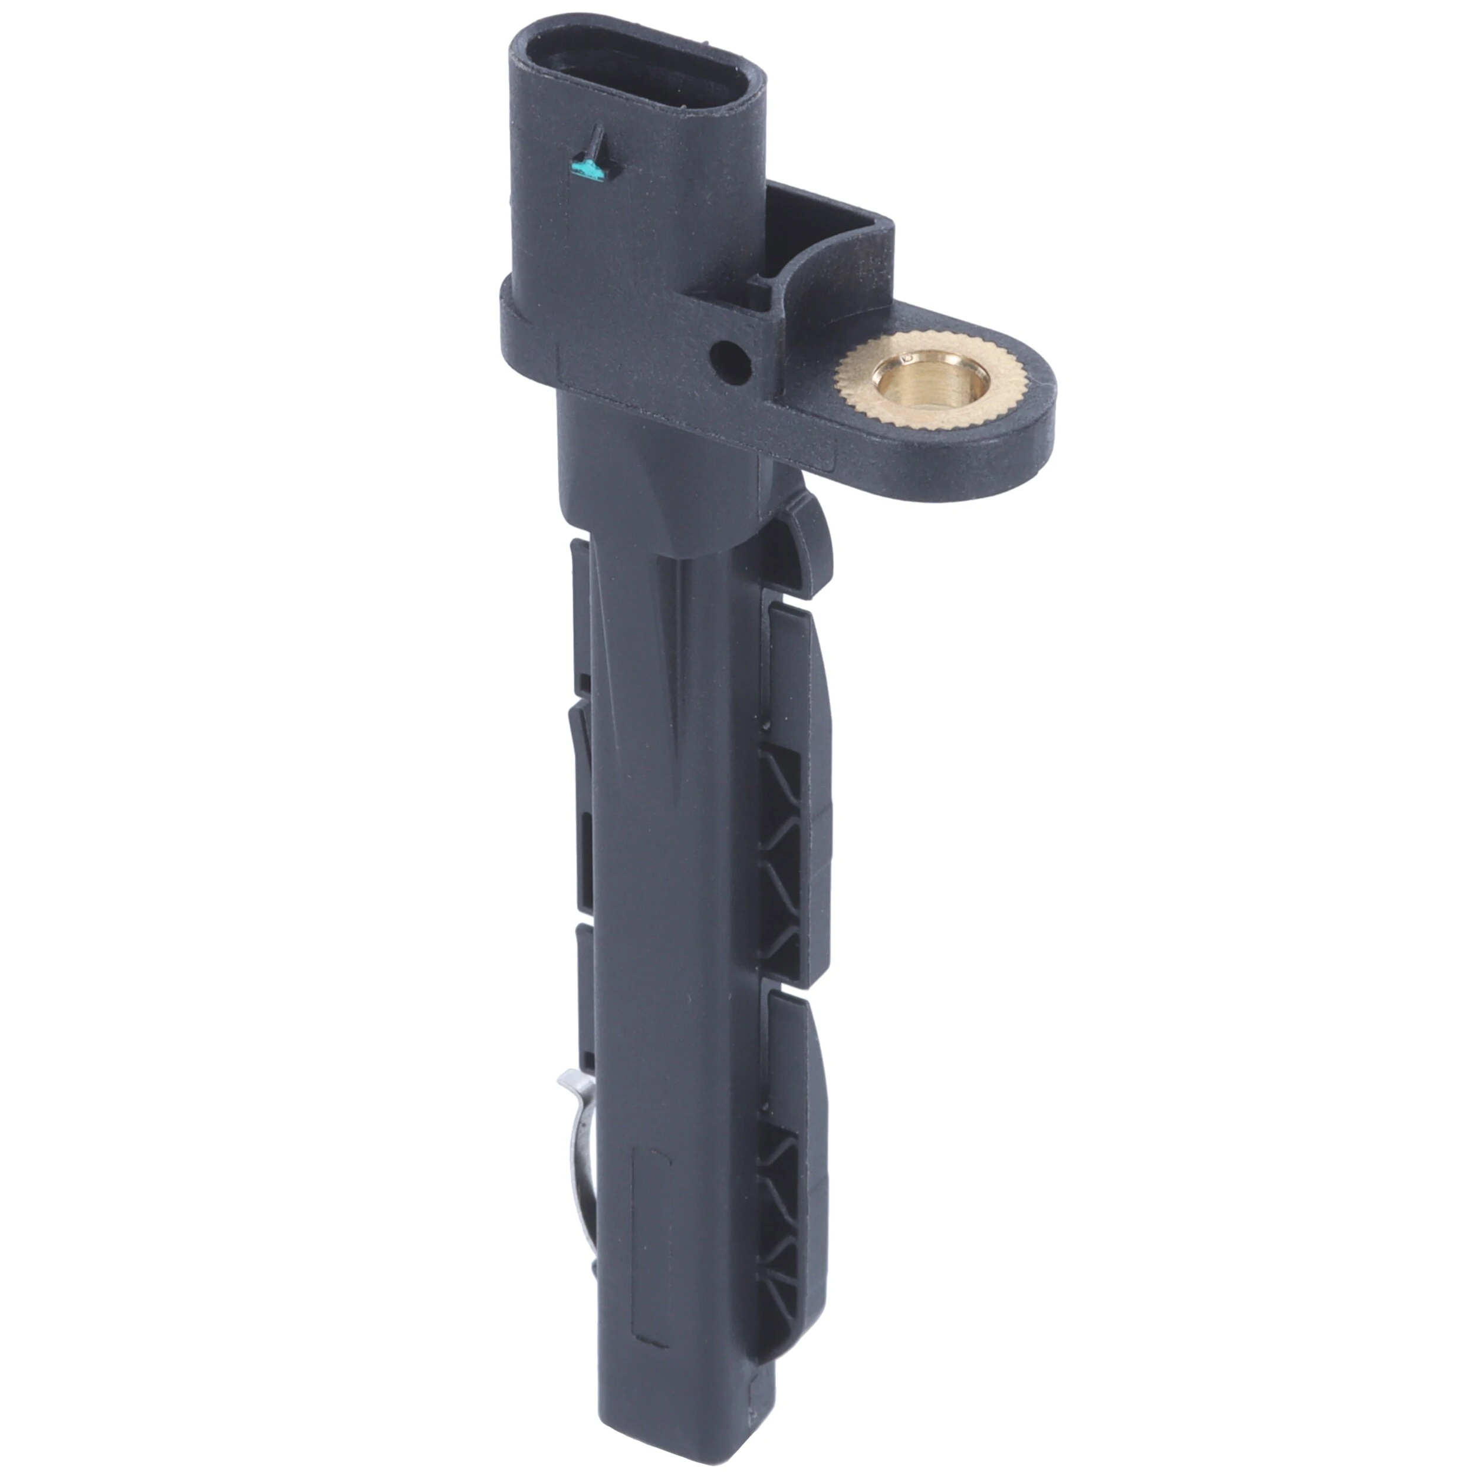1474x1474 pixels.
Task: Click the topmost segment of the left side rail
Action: (581, 603)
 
